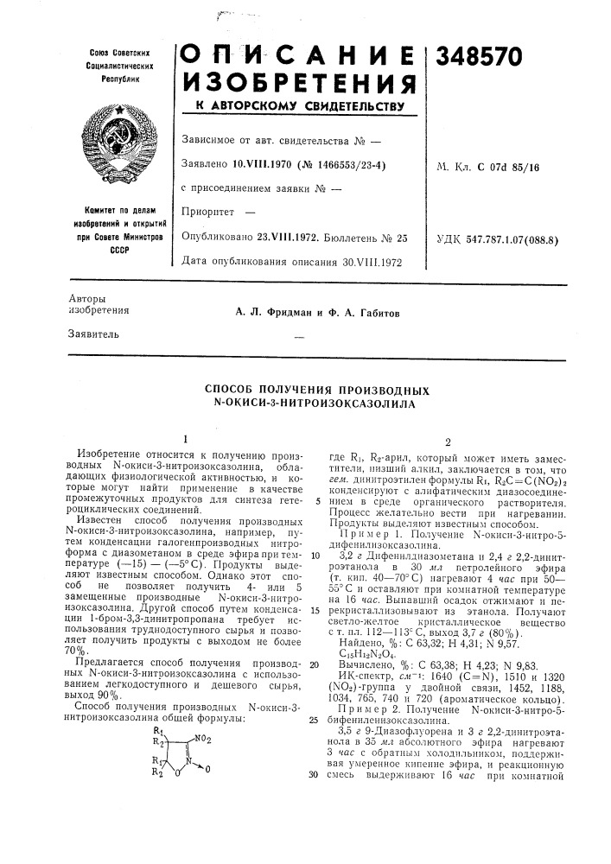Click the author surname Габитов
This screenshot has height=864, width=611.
point(374,313)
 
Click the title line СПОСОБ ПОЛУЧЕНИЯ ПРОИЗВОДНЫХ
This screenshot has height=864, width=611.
point(321,390)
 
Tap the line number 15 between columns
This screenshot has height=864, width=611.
point(315,610)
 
